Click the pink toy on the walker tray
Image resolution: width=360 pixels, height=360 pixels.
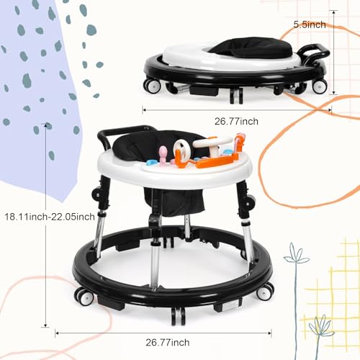coord(163,154)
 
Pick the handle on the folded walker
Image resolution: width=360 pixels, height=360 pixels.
coord(317,52)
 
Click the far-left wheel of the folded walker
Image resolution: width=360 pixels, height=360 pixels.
coord(152,84)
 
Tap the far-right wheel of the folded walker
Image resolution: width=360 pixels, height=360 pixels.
coord(319,85)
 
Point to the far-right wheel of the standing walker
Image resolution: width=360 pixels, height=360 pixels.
coord(266,289)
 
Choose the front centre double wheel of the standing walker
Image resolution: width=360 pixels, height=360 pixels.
coord(177,314)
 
